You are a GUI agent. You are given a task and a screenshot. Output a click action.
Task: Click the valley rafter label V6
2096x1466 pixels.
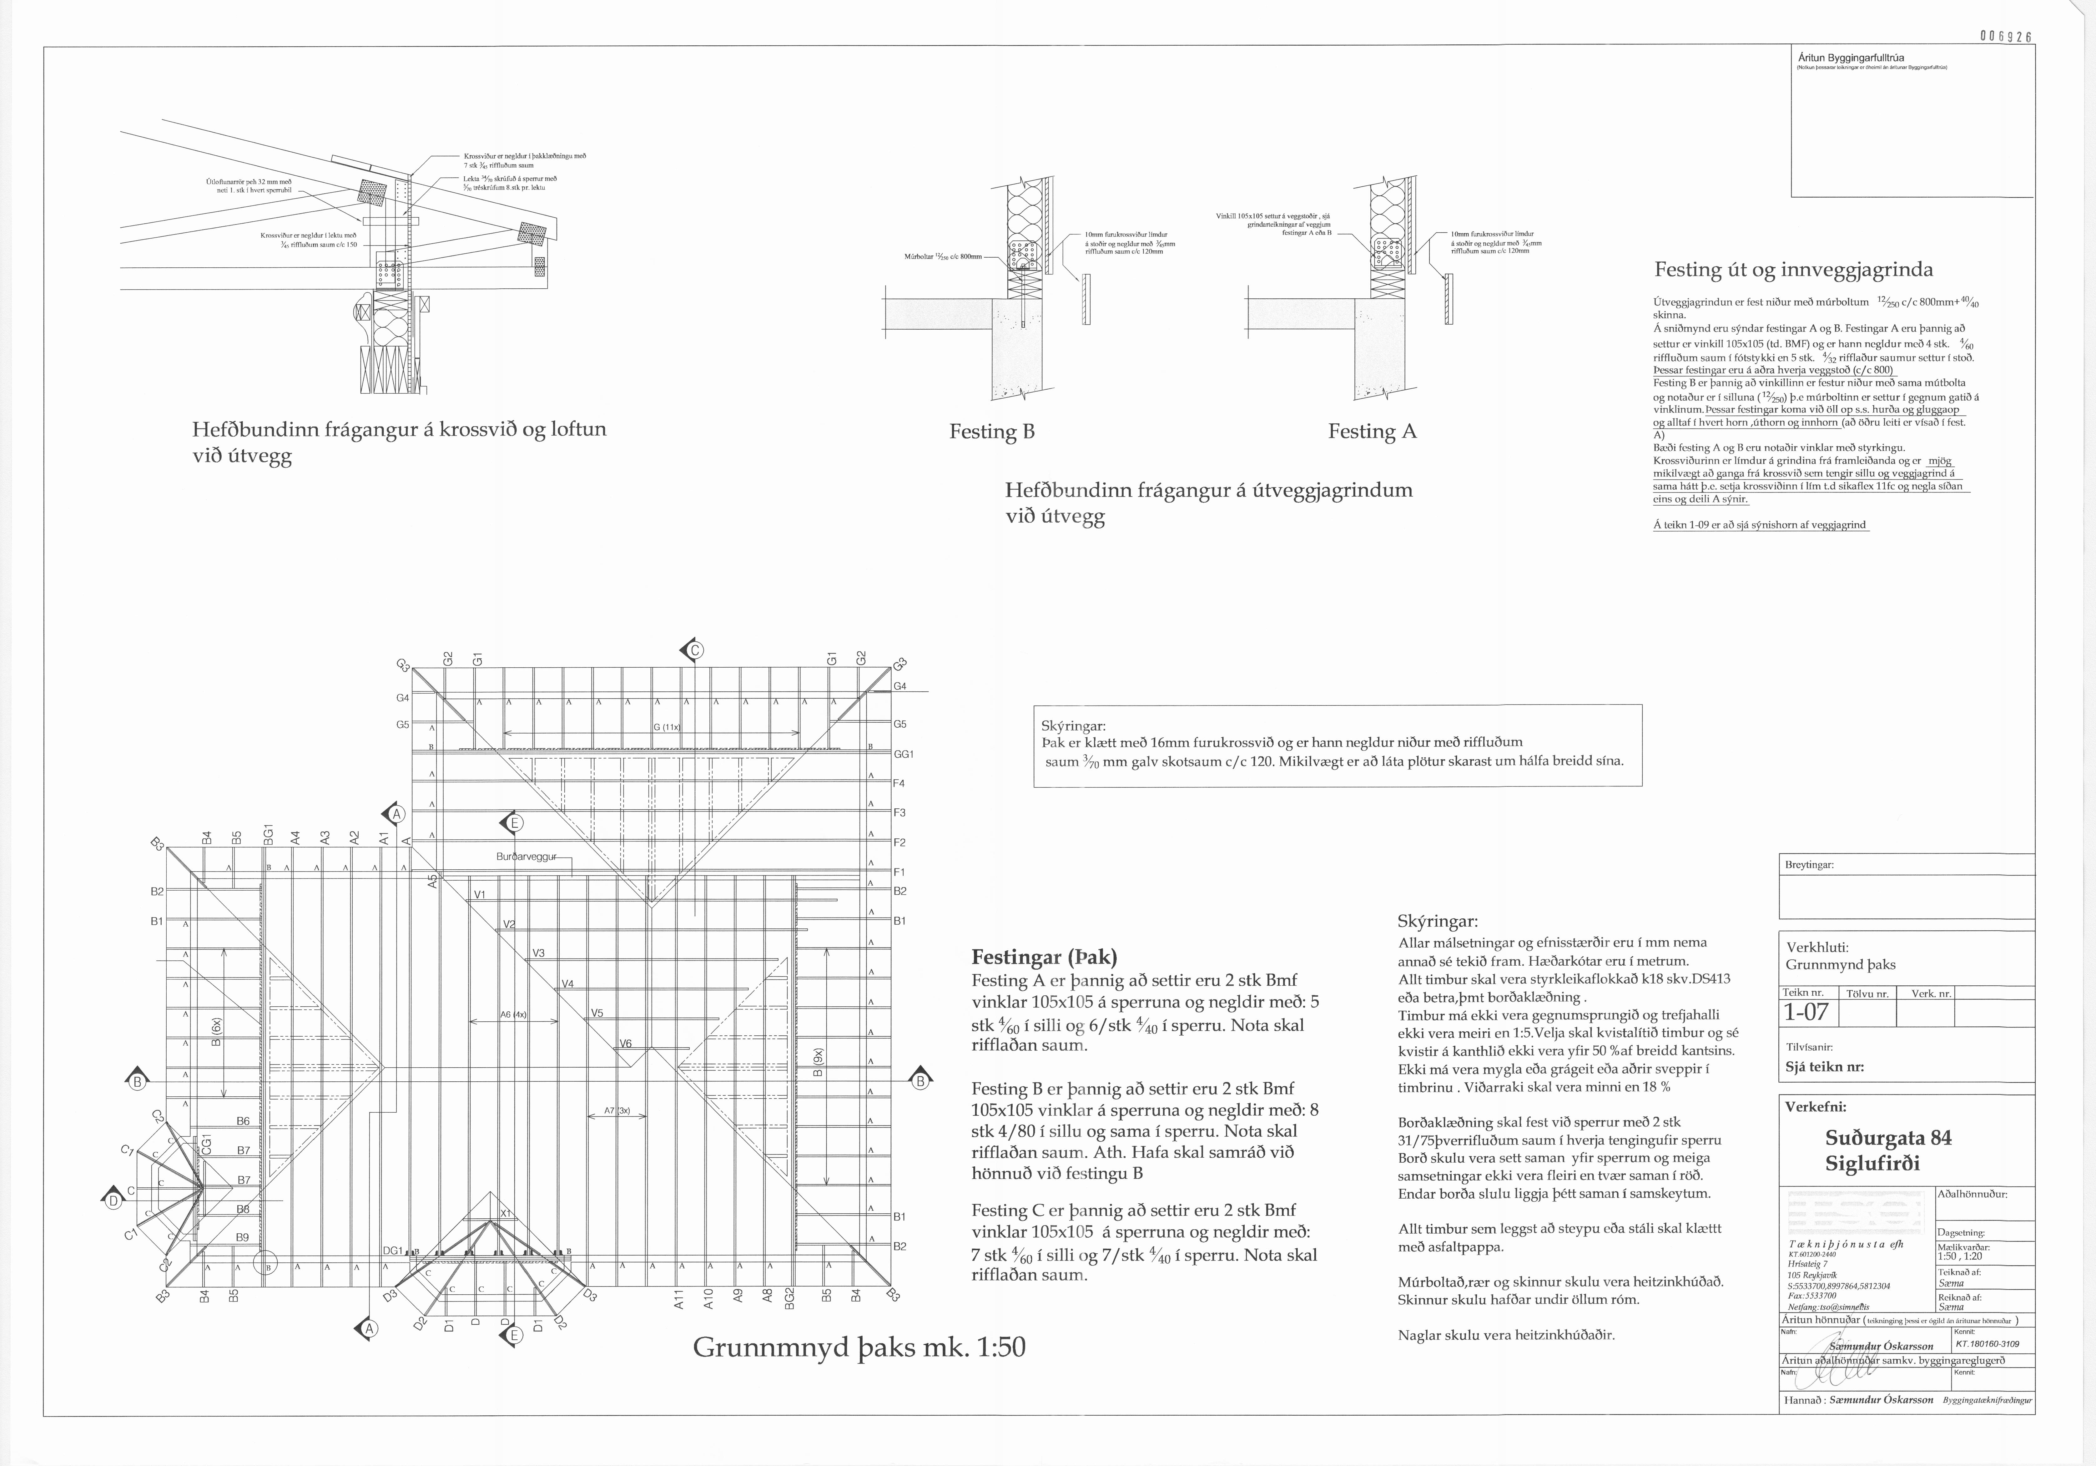pyautogui.click(x=626, y=1043)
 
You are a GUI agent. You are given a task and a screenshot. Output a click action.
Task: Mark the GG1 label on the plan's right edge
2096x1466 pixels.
pyautogui.click(x=904, y=754)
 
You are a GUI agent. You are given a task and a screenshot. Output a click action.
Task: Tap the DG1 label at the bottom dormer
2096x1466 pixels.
pyautogui.click(x=393, y=1251)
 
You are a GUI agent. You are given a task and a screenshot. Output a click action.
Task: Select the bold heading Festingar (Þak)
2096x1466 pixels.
pyautogui.click(x=1043, y=957)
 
